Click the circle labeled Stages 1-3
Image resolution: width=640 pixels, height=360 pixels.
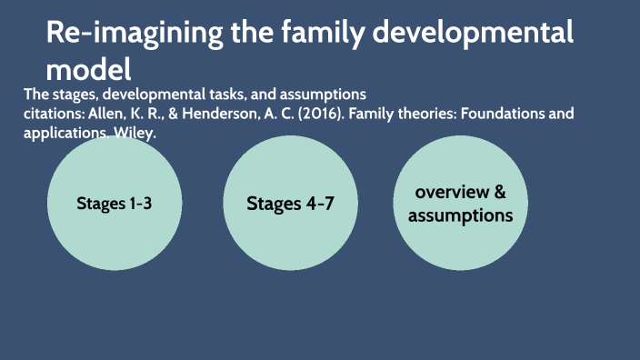pos(114,203)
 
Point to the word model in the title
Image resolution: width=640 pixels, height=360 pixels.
pos(88,68)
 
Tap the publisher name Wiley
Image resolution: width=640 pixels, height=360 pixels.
pos(135,133)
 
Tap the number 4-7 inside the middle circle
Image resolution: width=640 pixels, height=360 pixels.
pos(315,203)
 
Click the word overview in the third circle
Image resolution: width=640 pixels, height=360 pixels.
pos(451,193)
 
